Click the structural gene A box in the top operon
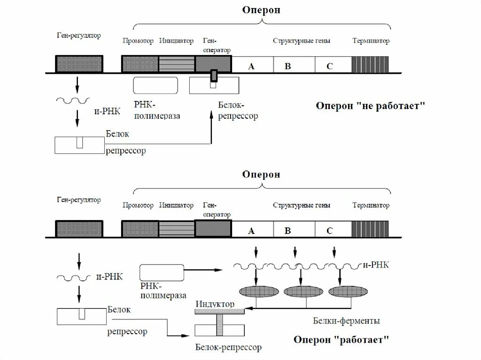tap(251, 65)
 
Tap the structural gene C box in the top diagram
tap(330, 65)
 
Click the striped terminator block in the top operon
tap(370, 64)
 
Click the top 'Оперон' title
tap(261, 10)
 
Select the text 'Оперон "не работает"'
tap(370, 106)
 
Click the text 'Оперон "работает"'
tap(341, 339)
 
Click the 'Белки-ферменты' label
tap(346, 321)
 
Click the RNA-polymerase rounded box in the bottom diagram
tap(162, 272)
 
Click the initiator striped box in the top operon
tap(176, 64)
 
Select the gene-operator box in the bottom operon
tap(213, 229)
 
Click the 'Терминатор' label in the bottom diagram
tap(371, 206)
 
